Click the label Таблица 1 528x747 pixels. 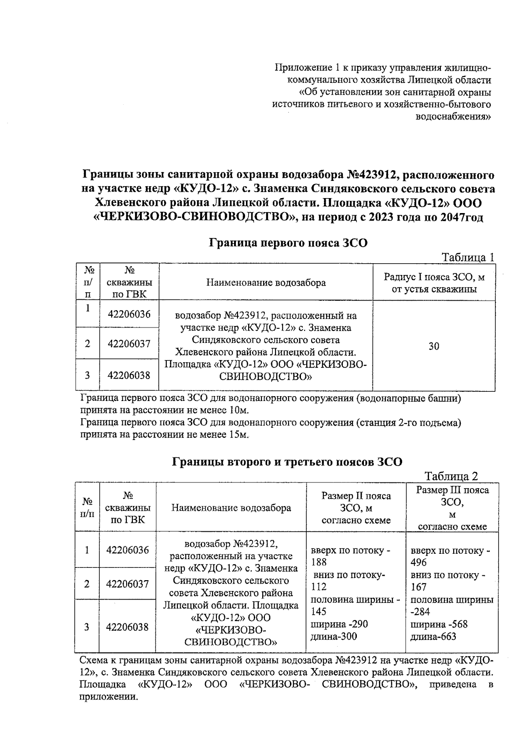pos(468,258)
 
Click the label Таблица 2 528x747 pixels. pos(451,476)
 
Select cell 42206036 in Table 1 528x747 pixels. pos(129,314)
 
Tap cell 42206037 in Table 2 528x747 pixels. pos(127,584)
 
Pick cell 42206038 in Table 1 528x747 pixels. pos(129,375)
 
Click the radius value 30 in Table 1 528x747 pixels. pos(434,346)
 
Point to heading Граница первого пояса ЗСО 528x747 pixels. pos(288,243)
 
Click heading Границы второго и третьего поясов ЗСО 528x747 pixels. pos(286,462)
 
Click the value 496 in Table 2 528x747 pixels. pos(418,563)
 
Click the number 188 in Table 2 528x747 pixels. pos(319,562)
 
